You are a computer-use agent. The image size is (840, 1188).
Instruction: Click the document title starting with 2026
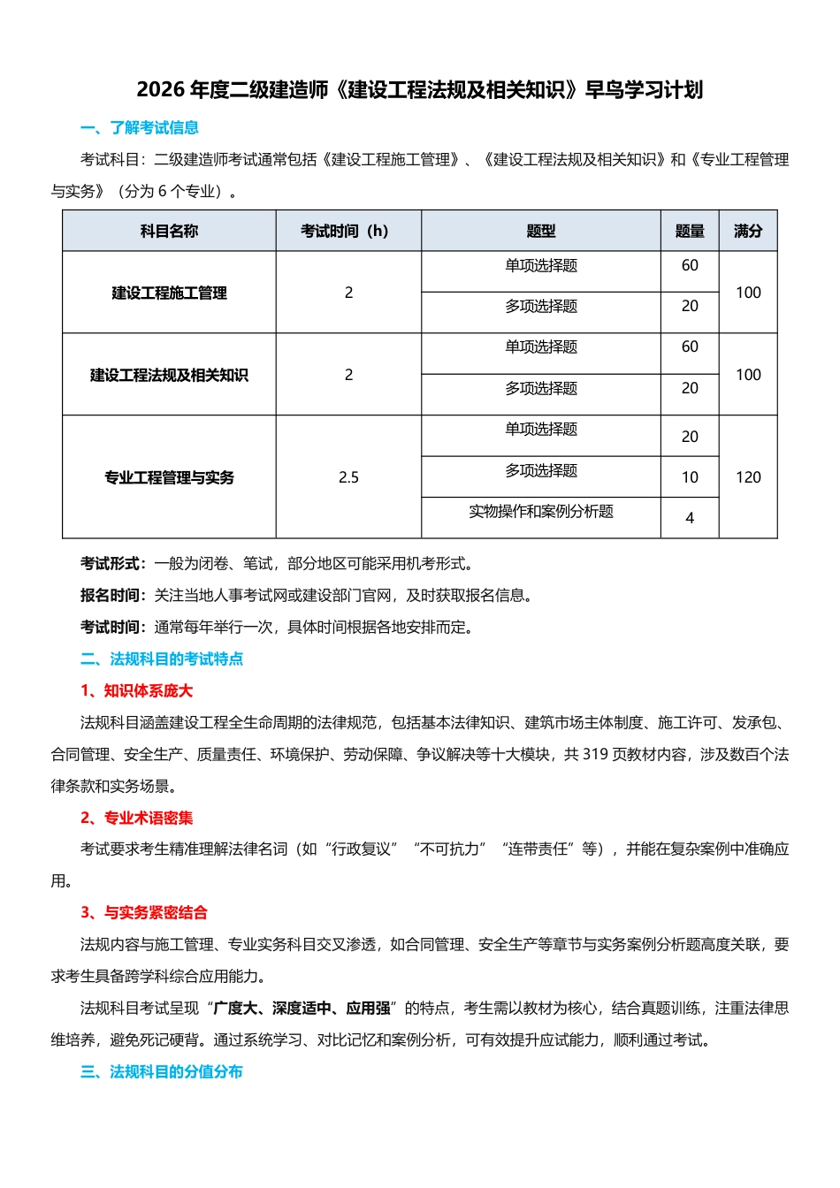click(x=419, y=90)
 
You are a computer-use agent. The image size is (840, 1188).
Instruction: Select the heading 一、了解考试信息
click(x=140, y=128)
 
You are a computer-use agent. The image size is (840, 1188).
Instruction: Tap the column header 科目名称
click(x=169, y=232)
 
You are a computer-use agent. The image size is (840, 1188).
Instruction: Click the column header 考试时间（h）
click(x=348, y=232)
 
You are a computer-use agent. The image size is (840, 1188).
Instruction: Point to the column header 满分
click(x=748, y=232)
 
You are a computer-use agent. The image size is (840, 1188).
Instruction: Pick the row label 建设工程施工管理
click(x=169, y=293)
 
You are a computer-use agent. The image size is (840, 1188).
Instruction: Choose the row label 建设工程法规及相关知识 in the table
click(x=169, y=376)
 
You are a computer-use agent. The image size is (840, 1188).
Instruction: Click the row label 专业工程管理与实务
click(x=169, y=478)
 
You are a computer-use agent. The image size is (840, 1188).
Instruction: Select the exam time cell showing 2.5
click(x=348, y=478)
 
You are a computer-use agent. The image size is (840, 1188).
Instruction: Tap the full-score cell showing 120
click(x=748, y=478)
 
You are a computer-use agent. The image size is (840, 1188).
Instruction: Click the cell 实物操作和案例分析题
click(x=541, y=512)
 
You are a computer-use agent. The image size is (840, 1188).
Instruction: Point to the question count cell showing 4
click(x=690, y=519)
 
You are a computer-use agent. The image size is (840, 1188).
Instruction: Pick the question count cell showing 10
click(x=690, y=478)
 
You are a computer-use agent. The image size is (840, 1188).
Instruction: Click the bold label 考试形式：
click(x=113, y=564)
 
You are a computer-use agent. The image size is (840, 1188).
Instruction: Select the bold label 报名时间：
click(x=113, y=596)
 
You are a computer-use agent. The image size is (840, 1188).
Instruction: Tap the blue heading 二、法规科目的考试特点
click(x=162, y=659)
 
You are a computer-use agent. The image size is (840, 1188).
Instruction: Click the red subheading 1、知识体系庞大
click(x=136, y=691)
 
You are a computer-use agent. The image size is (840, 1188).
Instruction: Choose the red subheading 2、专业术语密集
click(x=136, y=819)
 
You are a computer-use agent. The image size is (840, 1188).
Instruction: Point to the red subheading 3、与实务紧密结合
click(x=144, y=913)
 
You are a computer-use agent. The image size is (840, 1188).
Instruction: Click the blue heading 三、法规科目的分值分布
click(x=162, y=1072)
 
